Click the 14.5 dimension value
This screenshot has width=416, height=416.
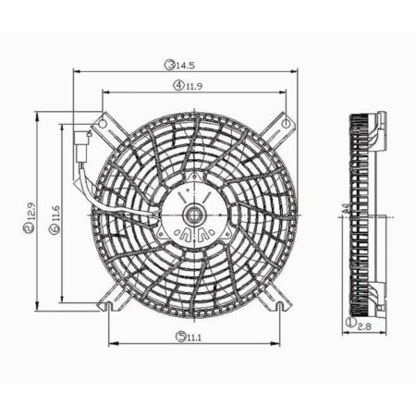187,66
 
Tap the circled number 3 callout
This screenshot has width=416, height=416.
170,66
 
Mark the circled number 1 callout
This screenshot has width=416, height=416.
349,324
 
